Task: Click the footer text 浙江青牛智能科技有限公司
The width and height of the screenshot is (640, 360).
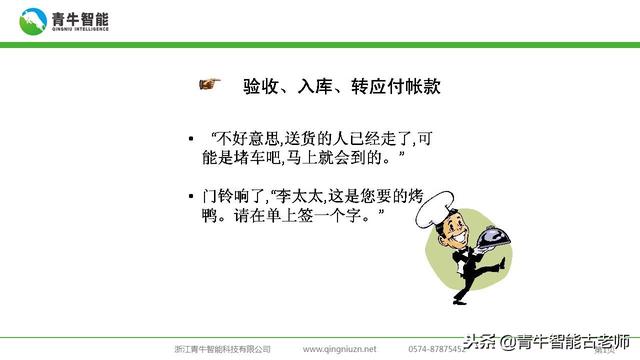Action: click(222, 349)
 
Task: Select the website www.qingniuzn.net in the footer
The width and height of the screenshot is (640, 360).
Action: click(340, 349)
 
